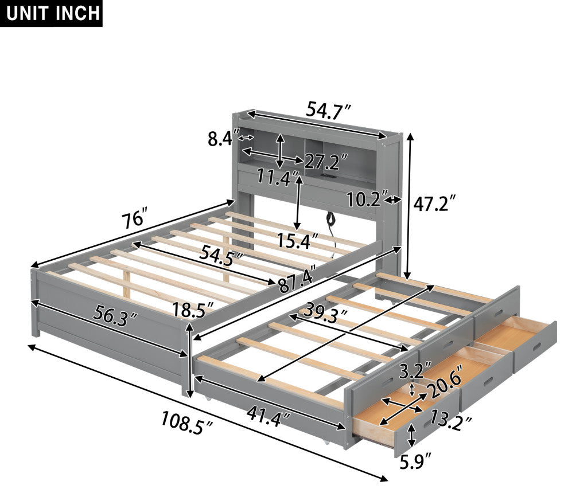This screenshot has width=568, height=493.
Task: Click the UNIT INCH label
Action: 53,13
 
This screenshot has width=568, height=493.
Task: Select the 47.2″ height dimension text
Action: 434,204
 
